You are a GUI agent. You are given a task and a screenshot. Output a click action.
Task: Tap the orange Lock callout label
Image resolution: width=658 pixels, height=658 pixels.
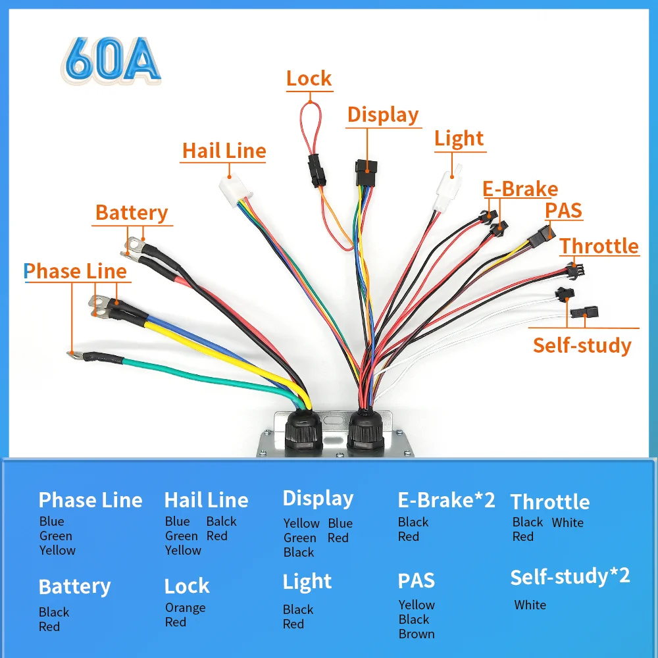pyautogui.click(x=309, y=79)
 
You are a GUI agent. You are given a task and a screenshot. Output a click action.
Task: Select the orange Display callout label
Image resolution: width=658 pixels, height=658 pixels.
pyautogui.click(x=383, y=115)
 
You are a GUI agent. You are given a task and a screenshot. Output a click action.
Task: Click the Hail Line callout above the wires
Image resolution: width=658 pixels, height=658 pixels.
pyautogui.click(x=224, y=151)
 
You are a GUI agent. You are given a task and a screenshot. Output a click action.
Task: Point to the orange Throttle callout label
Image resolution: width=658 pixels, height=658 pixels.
pyautogui.click(x=599, y=246)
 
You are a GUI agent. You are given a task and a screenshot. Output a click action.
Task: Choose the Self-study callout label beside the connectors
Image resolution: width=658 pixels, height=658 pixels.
pyautogui.click(x=582, y=345)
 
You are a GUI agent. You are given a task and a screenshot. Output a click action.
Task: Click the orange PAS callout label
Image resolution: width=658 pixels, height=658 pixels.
pyautogui.click(x=563, y=211)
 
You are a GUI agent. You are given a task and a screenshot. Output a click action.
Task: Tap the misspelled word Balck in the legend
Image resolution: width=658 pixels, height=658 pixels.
pyautogui.click(x=221, y=521)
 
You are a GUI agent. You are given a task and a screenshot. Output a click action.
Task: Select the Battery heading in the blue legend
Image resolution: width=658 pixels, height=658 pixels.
pyautogui.click(x=74, y=586)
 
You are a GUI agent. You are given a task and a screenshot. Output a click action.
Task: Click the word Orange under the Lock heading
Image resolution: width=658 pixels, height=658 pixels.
pyautogui.click(x=185, y=607)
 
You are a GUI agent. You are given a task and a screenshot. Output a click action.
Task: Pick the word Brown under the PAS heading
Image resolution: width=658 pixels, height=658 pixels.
pyautogui.click(x=417, y=634)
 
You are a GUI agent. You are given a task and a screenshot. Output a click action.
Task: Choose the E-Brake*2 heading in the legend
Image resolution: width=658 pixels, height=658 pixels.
pyautogui.click(x=446, y=500)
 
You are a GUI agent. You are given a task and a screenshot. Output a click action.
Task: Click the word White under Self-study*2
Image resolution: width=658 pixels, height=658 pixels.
pyautogui.click(x=530, y=605)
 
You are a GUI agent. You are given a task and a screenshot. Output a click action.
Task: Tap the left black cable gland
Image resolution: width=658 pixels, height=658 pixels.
pyautogui.click(x=303, y=431)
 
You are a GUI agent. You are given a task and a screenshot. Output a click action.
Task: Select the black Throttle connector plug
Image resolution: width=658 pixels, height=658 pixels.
pyautogui.click(x=575, y=269)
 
